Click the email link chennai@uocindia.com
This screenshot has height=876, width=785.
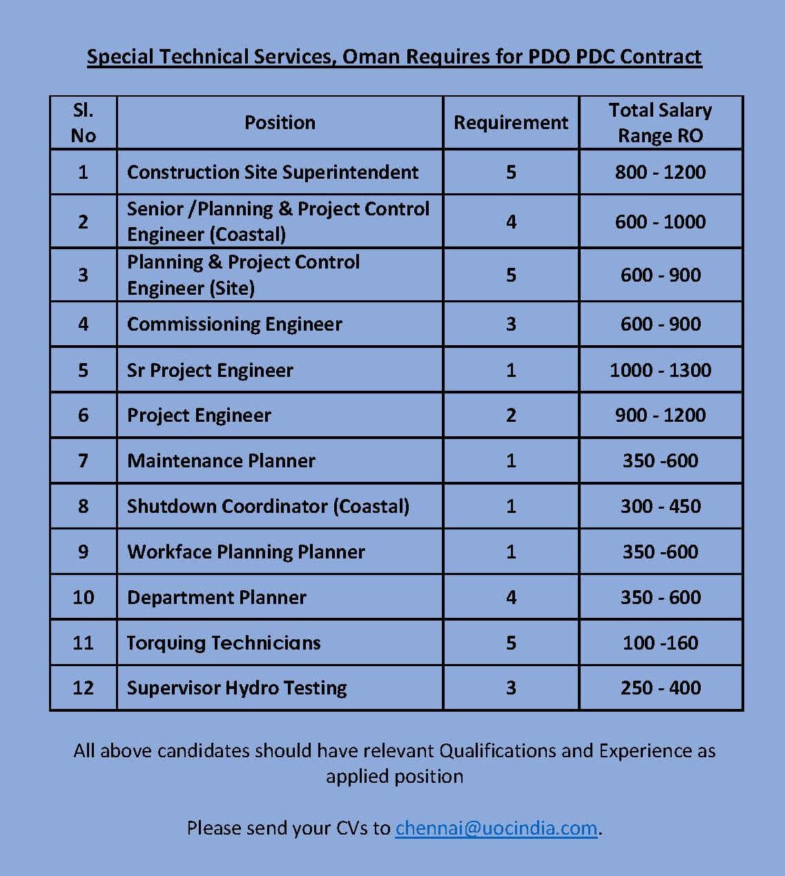496,828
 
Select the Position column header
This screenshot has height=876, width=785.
280,123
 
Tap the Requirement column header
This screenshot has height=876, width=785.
511,123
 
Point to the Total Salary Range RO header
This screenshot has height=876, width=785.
660,123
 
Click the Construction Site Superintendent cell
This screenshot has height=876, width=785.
273,172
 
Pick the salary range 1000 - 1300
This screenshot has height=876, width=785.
660,370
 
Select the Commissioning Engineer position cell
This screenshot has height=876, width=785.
235,324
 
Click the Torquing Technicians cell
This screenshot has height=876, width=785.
224,643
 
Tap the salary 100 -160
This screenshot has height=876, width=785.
660,643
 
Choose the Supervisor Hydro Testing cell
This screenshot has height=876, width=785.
237,688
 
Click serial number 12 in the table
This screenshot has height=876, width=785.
83,688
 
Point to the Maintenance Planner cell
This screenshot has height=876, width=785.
221,460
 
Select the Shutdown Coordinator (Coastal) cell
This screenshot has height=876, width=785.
268,506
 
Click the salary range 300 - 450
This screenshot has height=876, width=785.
660,506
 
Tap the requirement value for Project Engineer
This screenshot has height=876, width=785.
511,415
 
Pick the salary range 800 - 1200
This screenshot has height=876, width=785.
660,172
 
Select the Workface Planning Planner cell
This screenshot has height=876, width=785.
246,552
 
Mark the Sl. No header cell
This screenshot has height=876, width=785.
83,123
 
